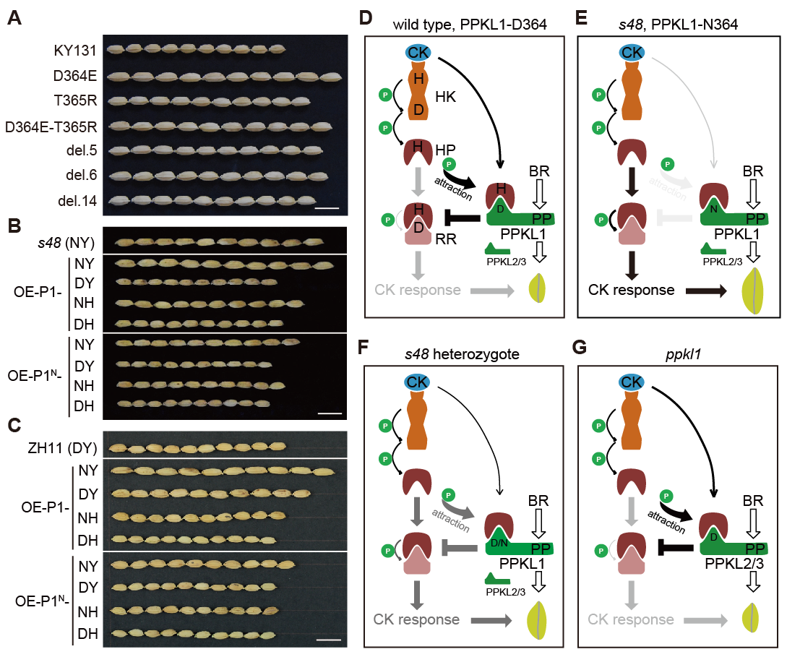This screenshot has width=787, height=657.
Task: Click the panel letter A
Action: [14, 20]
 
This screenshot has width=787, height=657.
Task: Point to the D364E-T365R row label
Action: [51, 126]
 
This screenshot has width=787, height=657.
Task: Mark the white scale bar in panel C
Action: [328, 639]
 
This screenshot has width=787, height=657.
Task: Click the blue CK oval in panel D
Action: [418, 52]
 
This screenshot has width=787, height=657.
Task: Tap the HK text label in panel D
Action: [446, 96]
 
